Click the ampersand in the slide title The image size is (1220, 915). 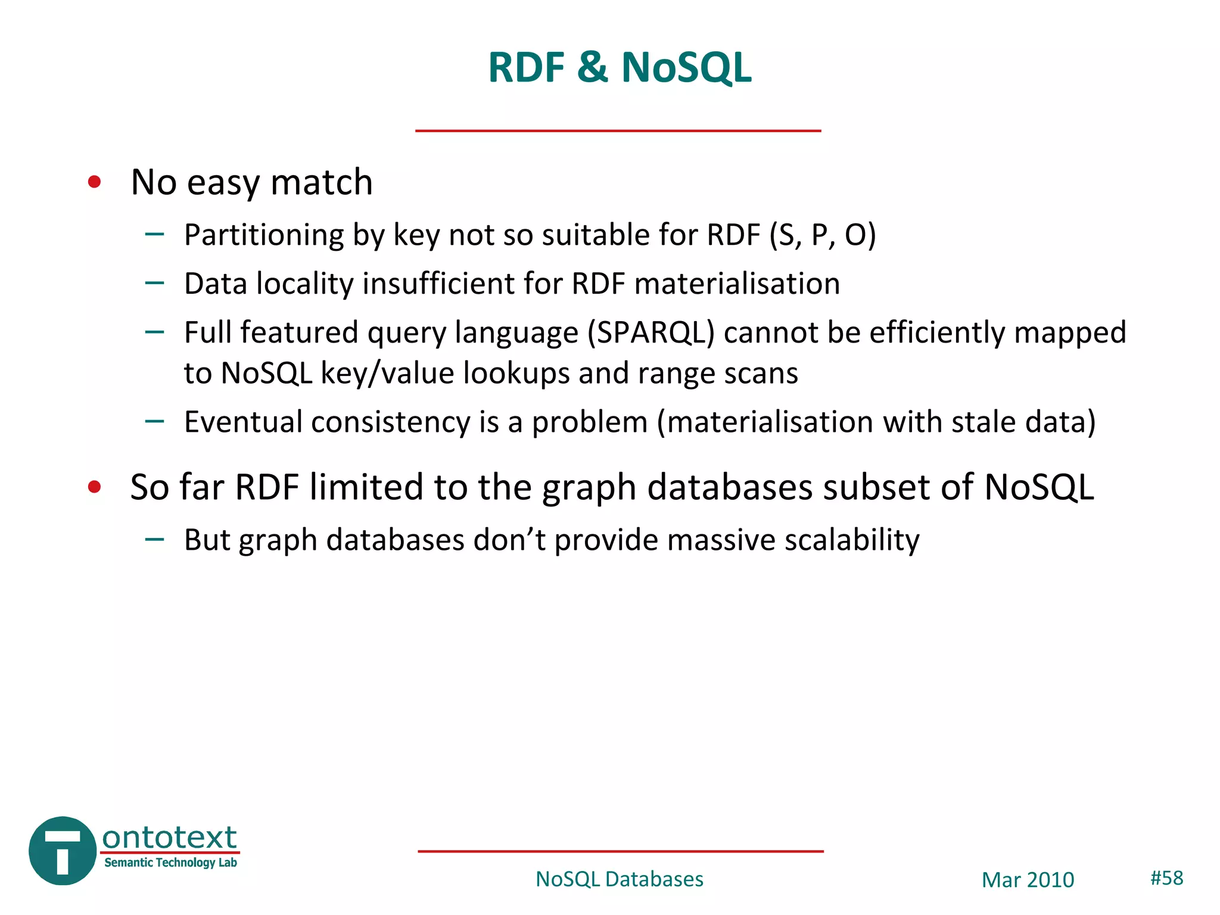pos(592,67)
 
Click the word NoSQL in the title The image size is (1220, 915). pos(686,67)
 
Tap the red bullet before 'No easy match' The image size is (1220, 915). pos(94,182)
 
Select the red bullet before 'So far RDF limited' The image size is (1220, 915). pos(94,487)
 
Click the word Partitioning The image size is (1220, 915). pos(263,235)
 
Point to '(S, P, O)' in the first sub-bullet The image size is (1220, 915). pos(822,235)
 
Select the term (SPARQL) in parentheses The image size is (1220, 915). pos(651,332)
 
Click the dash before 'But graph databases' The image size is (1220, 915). pos(154,540)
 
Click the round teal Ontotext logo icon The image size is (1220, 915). pos(63,851)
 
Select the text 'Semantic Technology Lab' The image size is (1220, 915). pos(170,863)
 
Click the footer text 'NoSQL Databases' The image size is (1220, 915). pos(620,879)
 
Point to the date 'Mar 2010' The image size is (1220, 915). pos(1028,880)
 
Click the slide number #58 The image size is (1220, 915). pos(1166,878)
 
